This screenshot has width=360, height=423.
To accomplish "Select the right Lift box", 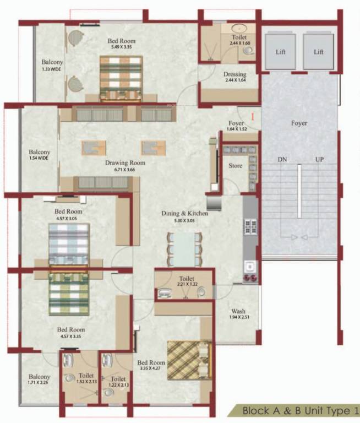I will coord(318,51).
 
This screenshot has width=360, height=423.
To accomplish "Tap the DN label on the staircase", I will coord(282,159).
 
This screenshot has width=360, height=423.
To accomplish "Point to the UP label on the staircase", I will coord(319,159).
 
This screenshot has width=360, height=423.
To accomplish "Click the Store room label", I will coord(235,166).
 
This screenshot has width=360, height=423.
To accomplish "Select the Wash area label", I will coord(238,311).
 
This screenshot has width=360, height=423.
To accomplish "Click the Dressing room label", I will coord(234,74).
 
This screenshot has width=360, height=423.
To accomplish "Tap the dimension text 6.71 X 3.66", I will coord(125,170).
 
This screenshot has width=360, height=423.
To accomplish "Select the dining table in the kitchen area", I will coord(184,247).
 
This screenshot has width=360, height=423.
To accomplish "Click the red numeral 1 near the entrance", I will coord(252,117).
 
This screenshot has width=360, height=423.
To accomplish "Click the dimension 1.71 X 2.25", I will coord(39,381).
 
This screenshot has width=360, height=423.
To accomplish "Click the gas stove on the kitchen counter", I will coord(250,227).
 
